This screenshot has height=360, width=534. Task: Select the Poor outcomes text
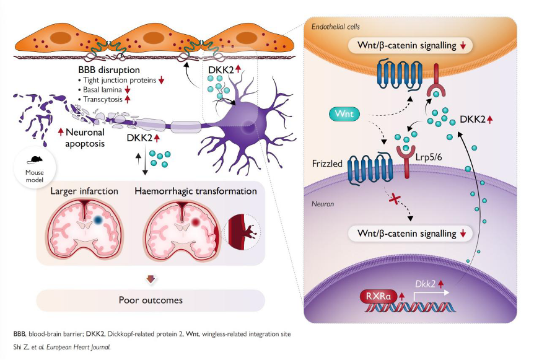click(x=151, y=300)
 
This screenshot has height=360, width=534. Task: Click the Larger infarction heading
click(x=85, y=191)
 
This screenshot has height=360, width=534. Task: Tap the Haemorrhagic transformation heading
click(x=196, y=191)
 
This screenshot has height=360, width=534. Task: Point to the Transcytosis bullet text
click(x=106, y=99)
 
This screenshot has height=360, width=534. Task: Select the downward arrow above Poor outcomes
click(x=150, y=279)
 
